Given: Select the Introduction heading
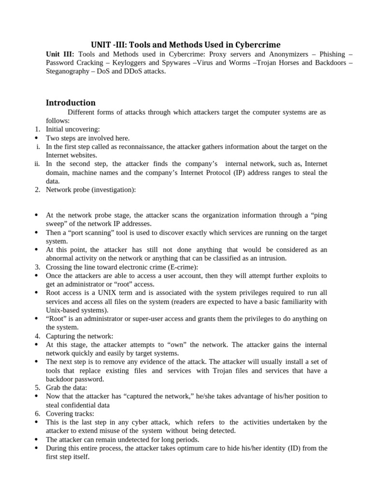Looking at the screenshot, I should pos(71,102).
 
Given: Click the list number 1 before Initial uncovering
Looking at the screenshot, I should pos(37,129).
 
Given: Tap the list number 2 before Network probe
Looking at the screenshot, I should pos(37,189).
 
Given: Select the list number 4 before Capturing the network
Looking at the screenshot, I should pos(37,336).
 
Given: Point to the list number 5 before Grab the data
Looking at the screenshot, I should pos(37,388).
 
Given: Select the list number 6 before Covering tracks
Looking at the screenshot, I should pos(37,414).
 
